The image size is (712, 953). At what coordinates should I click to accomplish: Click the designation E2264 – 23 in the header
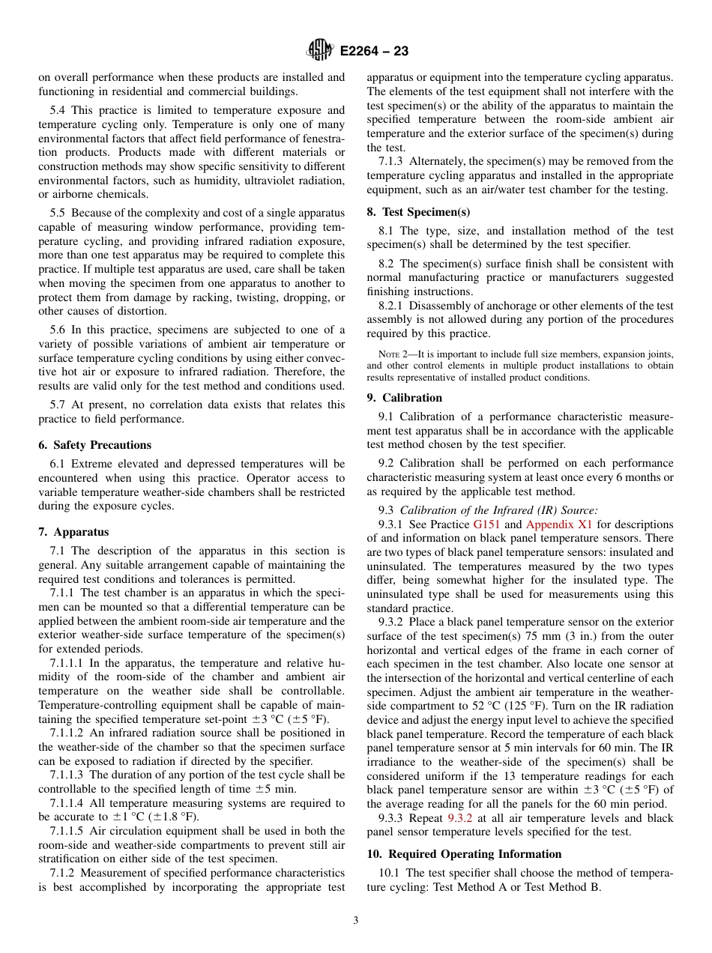pyautogui.click(x=374, y=52)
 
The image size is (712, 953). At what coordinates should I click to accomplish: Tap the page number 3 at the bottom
pyautogui.click(x=356, y=921)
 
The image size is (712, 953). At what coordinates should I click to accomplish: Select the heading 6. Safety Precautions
pyautogui.click(x=94, y=445)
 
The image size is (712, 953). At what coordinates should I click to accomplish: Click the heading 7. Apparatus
pyautogui.click(x=73, y=532)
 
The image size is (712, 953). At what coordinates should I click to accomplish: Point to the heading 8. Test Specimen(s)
pyautogui.click(x=418, y=212)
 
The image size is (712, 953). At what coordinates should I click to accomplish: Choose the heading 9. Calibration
pyautogui.click(x=405, y=398)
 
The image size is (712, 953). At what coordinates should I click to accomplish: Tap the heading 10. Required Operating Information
pyautogui.click(x=464, y=854)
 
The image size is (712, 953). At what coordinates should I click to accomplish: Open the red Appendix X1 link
pyautogui.click(x=558, y=524)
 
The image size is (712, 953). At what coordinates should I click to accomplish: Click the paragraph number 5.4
pyautogui.click(x=59, y=110)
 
